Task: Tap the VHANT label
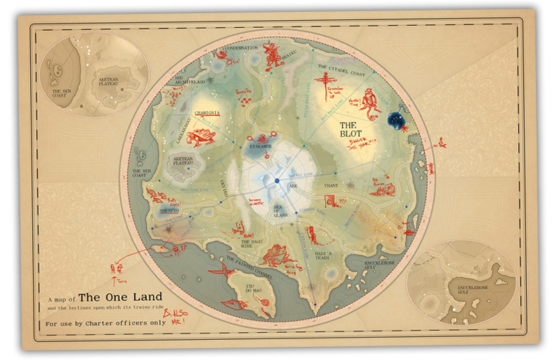[x=331, y=186]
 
